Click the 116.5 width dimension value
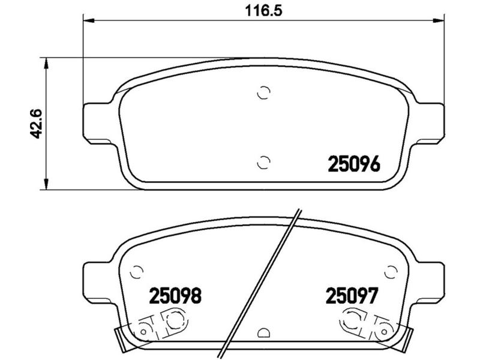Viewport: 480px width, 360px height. tap(263, 11)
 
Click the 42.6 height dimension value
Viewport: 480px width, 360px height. tap(37, 124)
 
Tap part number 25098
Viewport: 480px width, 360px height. tap(175, 296)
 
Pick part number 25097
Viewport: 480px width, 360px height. tap(352, 296)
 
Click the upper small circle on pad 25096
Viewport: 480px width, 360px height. tap(263, 92)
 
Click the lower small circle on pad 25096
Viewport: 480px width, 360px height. tap(263, 162)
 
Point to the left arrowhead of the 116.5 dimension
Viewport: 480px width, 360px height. tap(89, 20)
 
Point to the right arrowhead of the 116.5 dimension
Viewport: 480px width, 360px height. tap(438, 20)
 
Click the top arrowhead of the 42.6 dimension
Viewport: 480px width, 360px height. tap(46, 64)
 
